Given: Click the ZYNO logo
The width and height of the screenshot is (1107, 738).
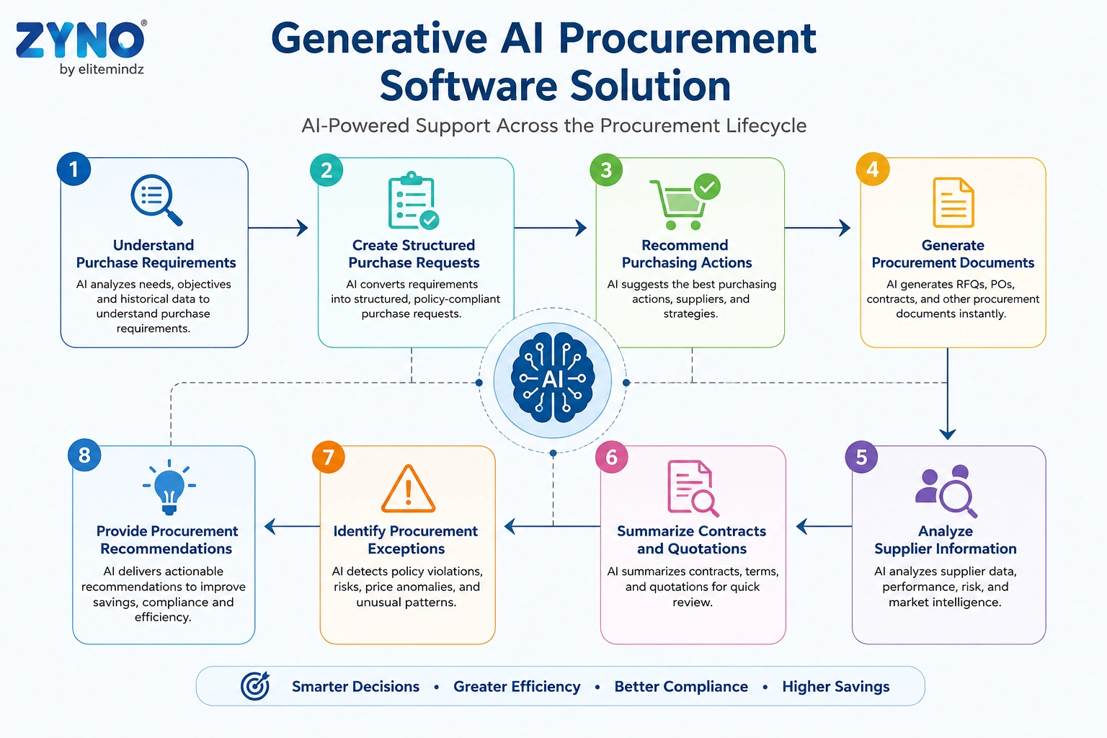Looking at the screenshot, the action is (81, 48).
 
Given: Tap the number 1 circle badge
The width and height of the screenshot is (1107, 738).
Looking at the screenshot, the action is (74, 169).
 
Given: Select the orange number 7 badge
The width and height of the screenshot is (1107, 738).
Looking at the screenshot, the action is (328, 457).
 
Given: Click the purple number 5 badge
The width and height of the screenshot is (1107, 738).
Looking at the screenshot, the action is (861, 457).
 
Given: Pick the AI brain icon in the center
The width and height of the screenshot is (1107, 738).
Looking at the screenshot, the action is (553, 380).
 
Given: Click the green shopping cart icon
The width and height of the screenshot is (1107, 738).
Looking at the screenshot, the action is (685, 202).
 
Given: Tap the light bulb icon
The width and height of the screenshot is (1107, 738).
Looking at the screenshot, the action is (169, 487).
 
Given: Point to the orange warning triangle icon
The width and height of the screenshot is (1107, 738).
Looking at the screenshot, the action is (408, 489).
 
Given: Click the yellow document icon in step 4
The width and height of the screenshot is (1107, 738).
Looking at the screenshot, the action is (953, 203).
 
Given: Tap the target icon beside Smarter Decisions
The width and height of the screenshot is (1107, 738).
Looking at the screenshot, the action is (256, 685).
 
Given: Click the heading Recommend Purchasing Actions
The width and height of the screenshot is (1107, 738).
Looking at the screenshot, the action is (686, 254).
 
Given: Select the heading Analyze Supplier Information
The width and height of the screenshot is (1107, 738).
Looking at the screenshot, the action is (946, 540).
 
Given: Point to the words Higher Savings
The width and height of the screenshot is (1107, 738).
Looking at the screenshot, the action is (836, 686).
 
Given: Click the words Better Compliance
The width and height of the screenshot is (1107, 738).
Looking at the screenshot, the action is (681, 686).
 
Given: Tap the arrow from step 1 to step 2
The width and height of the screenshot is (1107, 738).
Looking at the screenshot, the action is (277, 228).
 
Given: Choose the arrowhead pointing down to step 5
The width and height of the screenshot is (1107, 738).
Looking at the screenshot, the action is (948, 434).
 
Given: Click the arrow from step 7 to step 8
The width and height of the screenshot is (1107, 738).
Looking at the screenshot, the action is (292, 526).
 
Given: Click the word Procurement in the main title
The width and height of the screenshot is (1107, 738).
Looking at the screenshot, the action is (688, 38).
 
